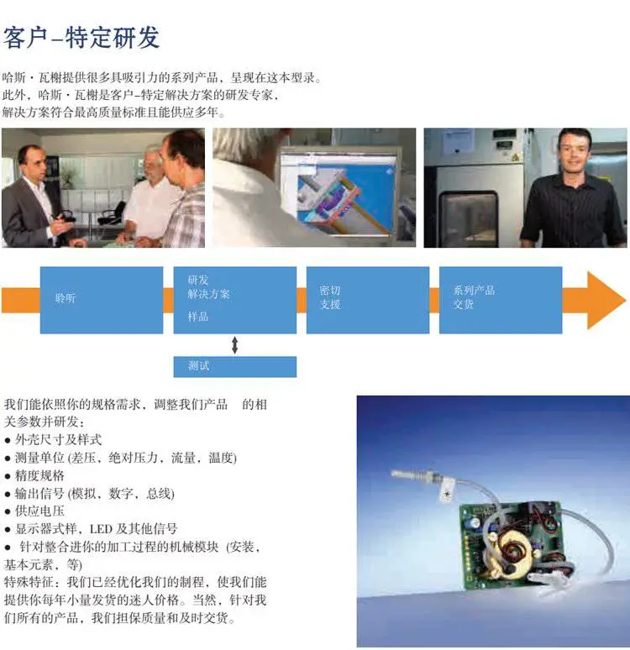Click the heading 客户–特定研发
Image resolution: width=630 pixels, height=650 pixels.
(x=81, y=38)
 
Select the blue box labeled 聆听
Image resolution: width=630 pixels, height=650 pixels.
(x=102, y=300)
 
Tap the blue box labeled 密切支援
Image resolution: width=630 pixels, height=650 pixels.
(x=368, y=300)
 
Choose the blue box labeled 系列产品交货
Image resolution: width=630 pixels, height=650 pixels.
(x=501, y=300)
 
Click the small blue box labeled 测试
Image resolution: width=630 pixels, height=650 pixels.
(x=234, y=366)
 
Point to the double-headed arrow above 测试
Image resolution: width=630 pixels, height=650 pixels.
(x=234, y=345)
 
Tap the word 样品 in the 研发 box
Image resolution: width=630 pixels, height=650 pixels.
(x=198, y=317)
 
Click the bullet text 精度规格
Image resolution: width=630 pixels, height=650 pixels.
(x=39, y=475)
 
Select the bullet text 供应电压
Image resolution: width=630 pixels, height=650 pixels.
(x=39, y=511)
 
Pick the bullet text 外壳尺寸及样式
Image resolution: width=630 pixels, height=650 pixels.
(x=59, y=440)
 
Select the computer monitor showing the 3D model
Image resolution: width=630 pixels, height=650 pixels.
(x=337, y=194)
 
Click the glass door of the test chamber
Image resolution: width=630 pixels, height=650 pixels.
(x=468, y=217)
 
